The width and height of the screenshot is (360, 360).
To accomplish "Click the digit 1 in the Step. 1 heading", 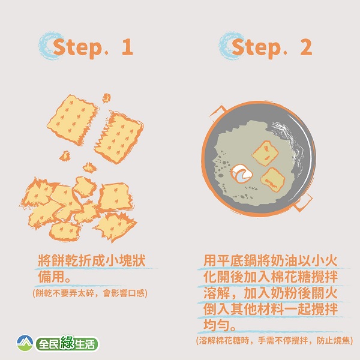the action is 128,47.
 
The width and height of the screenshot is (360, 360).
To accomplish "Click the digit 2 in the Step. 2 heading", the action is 306,47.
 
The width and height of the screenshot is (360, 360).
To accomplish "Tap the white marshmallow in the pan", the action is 241,173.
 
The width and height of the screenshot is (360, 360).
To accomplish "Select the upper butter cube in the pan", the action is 265,153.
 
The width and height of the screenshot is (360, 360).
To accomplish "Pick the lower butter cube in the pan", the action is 273,180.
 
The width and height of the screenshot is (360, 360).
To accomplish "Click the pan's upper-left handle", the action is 217,113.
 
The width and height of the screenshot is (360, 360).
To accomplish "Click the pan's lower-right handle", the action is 303,203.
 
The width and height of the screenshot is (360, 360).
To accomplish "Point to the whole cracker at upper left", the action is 73,120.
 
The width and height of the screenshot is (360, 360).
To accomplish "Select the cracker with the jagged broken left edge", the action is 119,138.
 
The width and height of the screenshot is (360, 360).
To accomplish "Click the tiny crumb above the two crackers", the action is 106,98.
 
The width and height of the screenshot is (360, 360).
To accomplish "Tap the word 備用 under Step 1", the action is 52,277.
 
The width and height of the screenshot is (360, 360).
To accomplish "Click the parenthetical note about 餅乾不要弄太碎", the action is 90,293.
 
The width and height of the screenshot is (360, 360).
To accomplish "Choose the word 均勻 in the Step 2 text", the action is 217,325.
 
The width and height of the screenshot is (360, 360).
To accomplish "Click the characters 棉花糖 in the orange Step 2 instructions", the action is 291,277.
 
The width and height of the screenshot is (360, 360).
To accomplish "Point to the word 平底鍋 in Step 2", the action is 237,260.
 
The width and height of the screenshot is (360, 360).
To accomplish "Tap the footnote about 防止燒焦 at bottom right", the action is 274,340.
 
